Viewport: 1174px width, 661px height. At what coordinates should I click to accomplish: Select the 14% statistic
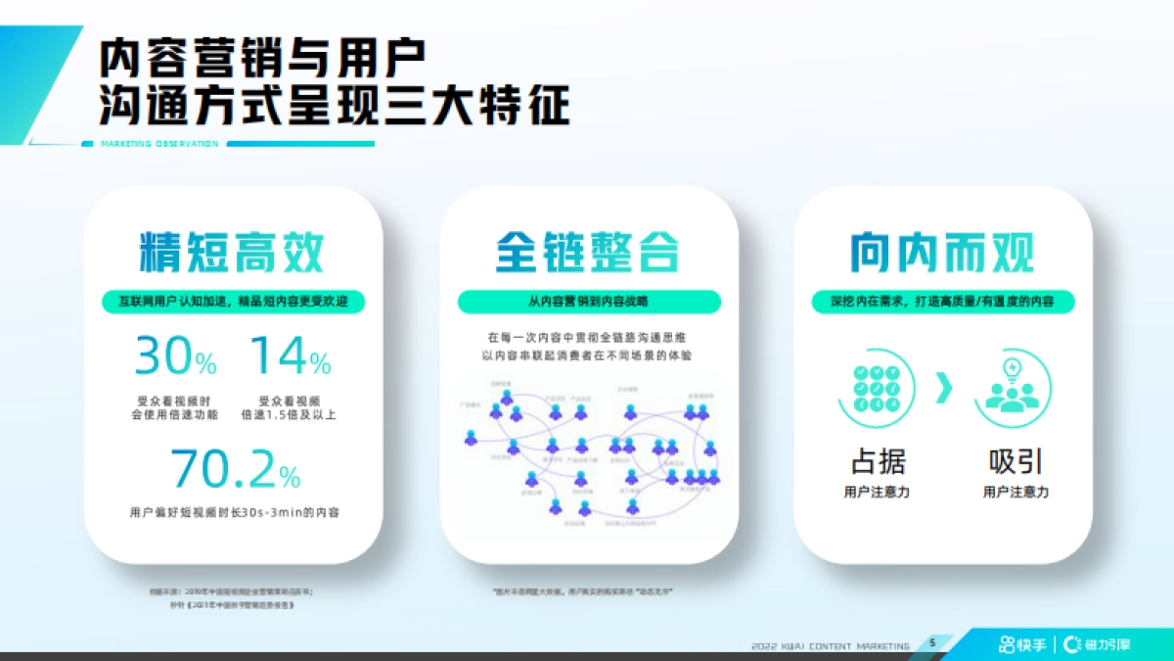pyautogui.click(x=291, y=356)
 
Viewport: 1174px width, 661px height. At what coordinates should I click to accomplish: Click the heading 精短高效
pyautogui.click(x=232, y=252)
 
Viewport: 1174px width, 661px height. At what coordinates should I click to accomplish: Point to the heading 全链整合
pyautogui.click(x=587, y=252)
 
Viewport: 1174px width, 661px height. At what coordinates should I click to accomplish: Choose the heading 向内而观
pyautogui.click(x=942, y=252)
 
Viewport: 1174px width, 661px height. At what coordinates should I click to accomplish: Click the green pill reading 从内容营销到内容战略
pyautogui.click(x=588, y=303)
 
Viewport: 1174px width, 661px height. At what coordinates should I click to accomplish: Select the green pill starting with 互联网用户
pyautogui.click(x=234, y=303)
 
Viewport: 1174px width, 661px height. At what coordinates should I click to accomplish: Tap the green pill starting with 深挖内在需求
pyautogui.click(x=942, y=303)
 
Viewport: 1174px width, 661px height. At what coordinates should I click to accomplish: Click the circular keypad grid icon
pyautogui.click(x=876, y=389)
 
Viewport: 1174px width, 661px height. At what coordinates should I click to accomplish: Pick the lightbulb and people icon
pyautogui.click(x=1012, y=389)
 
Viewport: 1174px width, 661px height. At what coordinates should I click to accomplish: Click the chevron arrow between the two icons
pyautogui.click(x=943, y=389)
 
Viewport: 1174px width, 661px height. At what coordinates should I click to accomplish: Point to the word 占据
pyautogui.click(x=878, y=461)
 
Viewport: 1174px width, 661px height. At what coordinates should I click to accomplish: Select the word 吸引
pyautogui.click(x=1016, y=461)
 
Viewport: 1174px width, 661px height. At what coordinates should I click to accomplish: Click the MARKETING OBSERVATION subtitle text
pyautogui.click(x=158, y=144)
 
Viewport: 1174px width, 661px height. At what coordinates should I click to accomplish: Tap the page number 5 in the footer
pyautogui.click(x=931, y=642)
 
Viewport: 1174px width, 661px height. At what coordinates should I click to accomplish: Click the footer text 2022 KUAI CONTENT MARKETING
pyautogui.click(x=831, y=645)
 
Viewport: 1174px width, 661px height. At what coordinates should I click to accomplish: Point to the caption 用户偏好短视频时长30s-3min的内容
pyautogui.click(x=234, y=512)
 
